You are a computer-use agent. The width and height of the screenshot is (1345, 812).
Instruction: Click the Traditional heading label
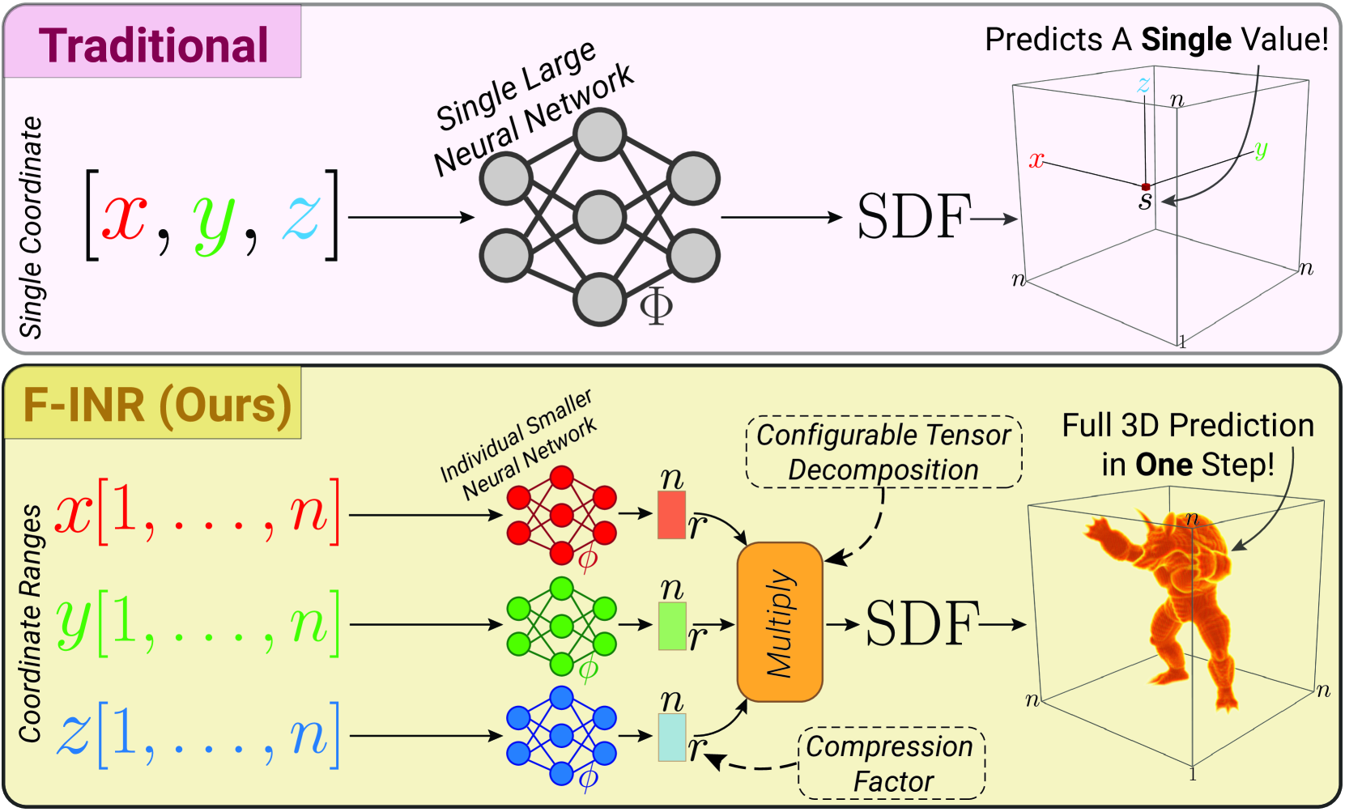(153, 45)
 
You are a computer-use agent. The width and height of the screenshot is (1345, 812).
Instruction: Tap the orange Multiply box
(780, 622)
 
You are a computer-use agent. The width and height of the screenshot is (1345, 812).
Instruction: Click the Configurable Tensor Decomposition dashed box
(883, 452)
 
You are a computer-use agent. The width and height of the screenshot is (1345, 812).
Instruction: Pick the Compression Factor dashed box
(892, 763)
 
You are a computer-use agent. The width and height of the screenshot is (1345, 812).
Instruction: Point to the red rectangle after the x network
(672, 515)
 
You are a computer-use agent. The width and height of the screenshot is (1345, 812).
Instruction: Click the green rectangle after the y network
(672, 626)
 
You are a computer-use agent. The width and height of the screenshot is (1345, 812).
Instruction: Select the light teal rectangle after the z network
(672, 737)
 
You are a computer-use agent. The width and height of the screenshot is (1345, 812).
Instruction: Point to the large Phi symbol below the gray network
(656, 306)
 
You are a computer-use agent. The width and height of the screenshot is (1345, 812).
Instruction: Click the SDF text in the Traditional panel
(913, 217)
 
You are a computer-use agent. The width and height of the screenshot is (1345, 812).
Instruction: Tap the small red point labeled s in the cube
(1145, 187)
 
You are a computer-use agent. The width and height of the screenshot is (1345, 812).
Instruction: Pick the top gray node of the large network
(599, 134)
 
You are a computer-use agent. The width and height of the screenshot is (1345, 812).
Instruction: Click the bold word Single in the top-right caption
(1185, 39)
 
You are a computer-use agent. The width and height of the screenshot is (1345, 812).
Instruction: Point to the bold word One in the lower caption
(1164, 465)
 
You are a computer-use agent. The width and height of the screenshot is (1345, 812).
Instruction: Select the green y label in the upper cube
(1260, 150)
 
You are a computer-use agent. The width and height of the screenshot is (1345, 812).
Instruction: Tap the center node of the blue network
(561, 736)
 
